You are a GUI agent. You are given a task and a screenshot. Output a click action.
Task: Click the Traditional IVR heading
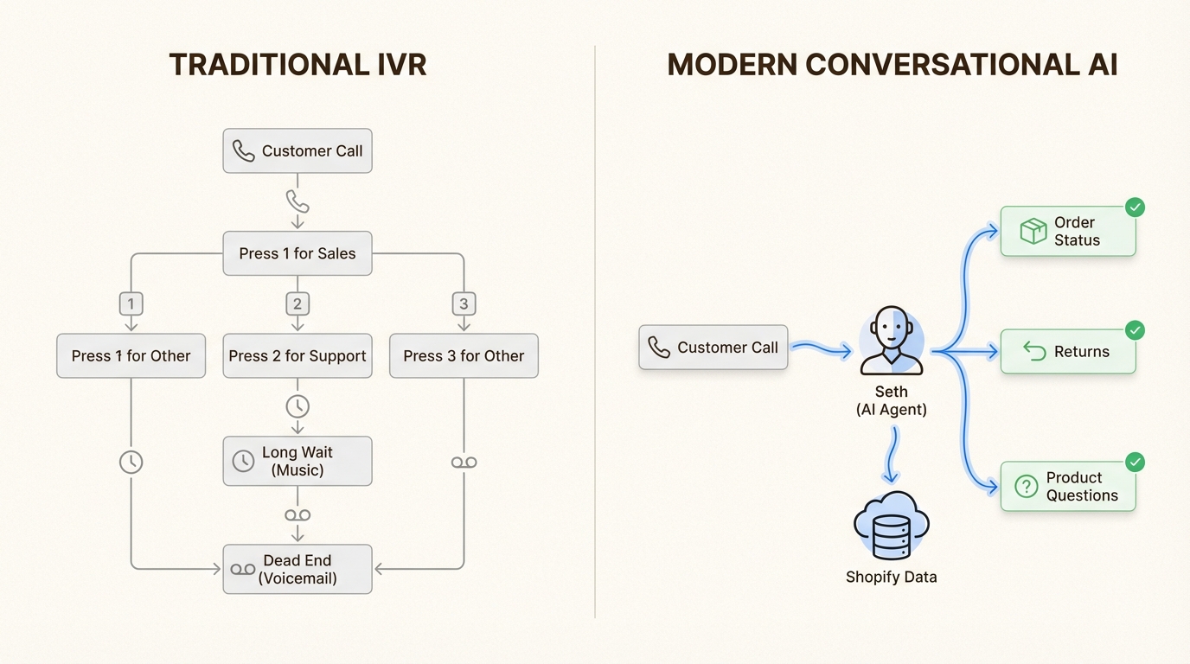click(x=297, y=66)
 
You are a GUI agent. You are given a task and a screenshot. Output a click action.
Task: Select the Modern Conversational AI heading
click(x=892, y=66)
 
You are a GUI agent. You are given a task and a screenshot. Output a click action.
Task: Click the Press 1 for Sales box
click(x=297, y=253)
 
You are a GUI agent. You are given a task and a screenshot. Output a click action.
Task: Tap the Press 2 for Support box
click(x=297, y=356)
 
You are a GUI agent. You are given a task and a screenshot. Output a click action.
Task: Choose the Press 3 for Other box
click(x=464, y=356)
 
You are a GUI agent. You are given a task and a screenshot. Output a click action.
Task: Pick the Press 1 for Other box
click(x=131, y=356)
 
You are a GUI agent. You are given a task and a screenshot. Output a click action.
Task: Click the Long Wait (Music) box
click(x=297, y=462)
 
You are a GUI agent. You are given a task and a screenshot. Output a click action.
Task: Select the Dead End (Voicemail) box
click(x=297, y=569)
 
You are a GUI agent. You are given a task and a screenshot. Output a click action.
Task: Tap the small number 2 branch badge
click(x=297, y=304)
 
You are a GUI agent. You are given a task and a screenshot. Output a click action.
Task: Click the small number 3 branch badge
click(x=464, y=304)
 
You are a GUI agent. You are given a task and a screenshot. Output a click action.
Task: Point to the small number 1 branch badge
click(x=131, y=304)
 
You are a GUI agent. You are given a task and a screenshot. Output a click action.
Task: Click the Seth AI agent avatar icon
click(x=892, y=341)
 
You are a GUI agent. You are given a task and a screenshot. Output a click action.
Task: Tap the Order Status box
click(x=1067, y=232)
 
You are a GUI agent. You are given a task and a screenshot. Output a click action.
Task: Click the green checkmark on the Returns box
click(x=1135, y=330)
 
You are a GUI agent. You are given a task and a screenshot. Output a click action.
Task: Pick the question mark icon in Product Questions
click(x=1026, y=487)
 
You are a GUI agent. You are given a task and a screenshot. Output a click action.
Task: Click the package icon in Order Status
click(x=1033, y=231)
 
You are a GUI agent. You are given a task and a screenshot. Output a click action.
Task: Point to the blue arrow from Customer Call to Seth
click(x=822, y=348)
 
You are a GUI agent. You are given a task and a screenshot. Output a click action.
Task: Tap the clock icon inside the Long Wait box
click(x=244, y=462)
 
